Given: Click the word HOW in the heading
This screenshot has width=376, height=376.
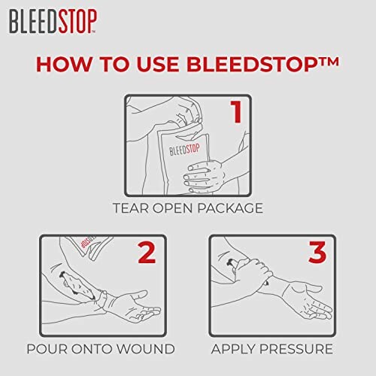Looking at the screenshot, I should pos(62,63).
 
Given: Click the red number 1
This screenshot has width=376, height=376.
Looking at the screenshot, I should pos(235,113).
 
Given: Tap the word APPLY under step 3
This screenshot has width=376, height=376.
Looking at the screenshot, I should pos(236,349).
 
